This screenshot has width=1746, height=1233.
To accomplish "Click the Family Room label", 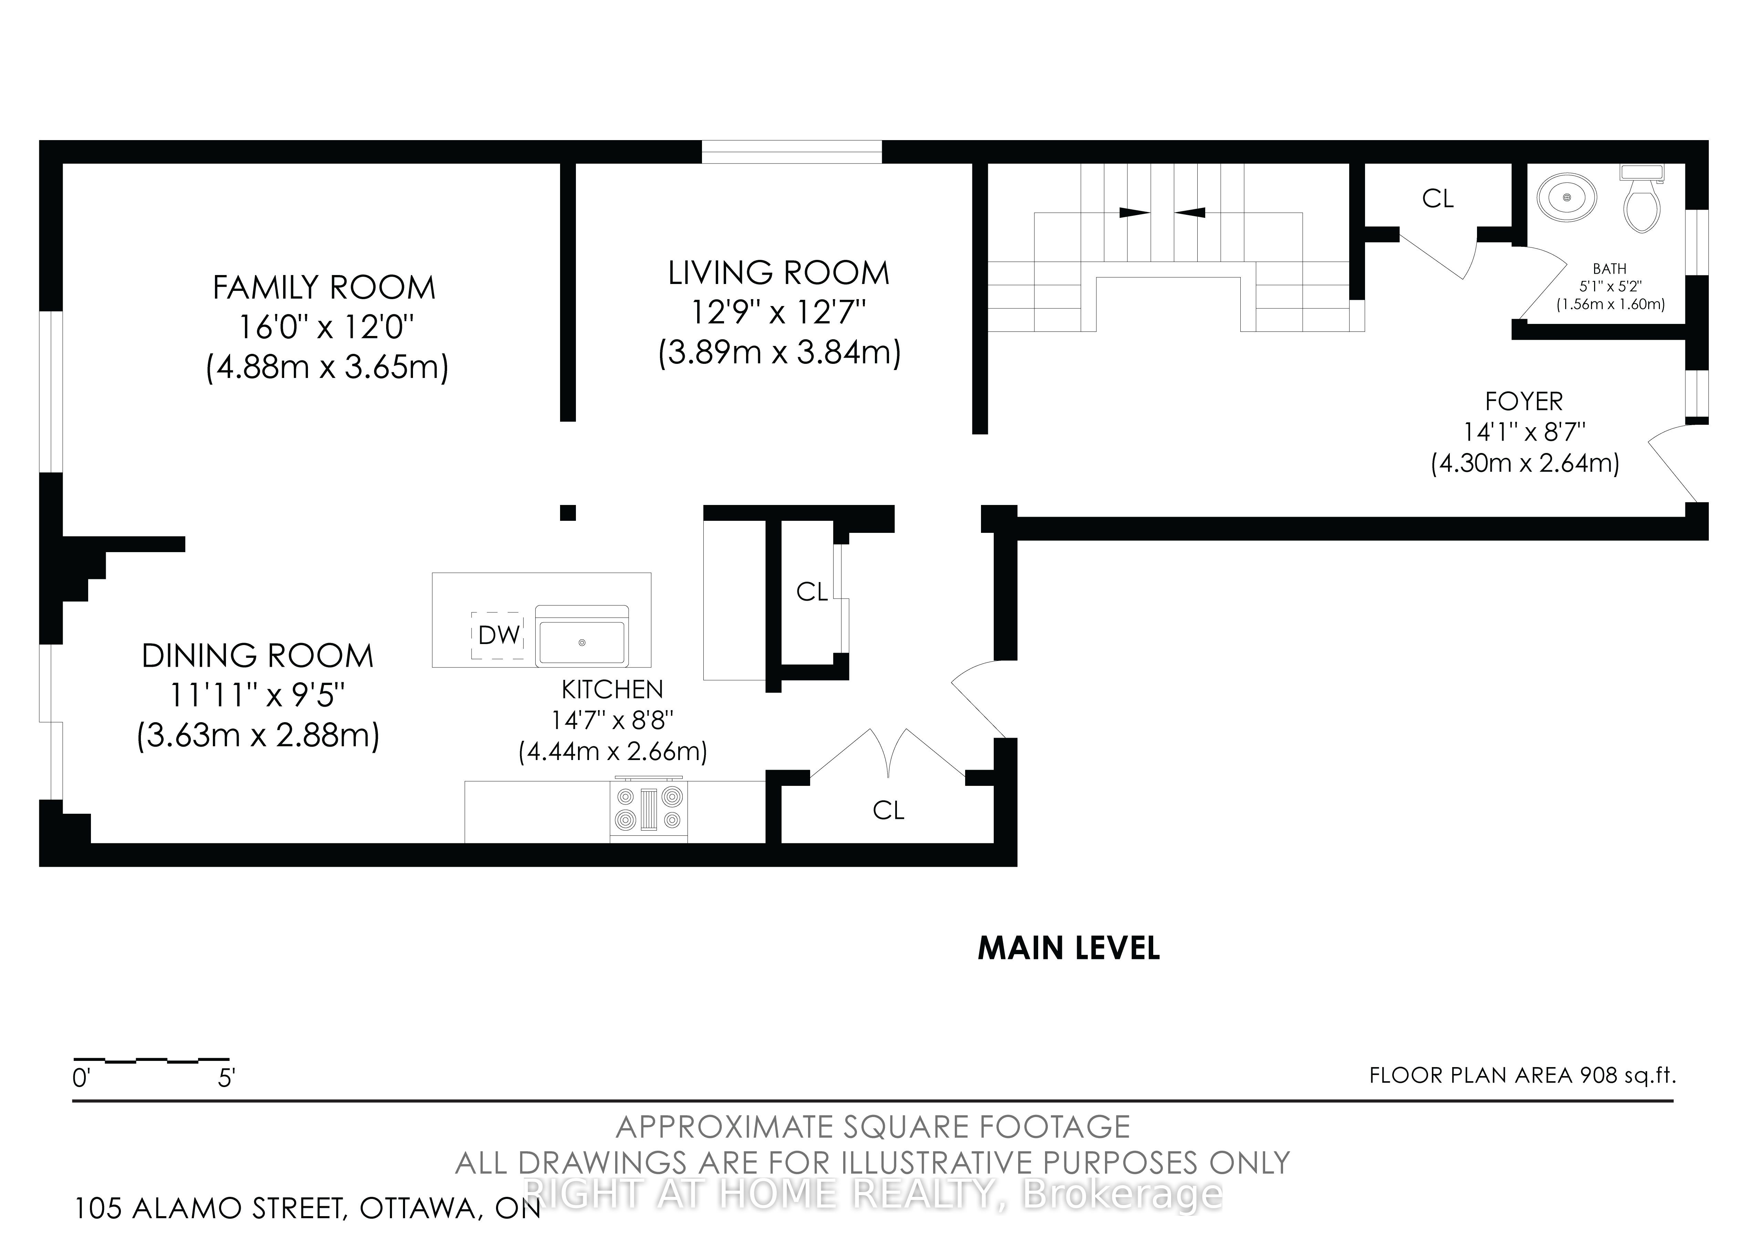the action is point(324,287).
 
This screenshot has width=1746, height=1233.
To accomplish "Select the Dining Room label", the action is point(258,655).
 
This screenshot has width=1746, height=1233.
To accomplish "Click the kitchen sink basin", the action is point(582,642).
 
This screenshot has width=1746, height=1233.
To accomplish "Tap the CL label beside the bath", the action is point(1437,198).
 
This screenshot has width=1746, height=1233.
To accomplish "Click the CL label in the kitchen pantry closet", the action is point(812,591).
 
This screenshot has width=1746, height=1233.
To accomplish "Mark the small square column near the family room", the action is point(567,512).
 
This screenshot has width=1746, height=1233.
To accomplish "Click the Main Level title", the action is point(1068,948).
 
